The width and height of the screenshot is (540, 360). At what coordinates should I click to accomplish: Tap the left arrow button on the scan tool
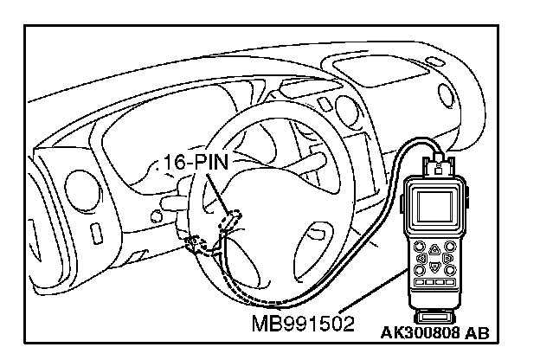pyautogui.click(x=421, y=257)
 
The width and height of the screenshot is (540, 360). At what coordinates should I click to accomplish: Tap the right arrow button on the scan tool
pyautogui.click(x=448, y=257)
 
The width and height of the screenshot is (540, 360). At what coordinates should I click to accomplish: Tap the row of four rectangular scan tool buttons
pyautogui.click(x=434, y=282)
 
